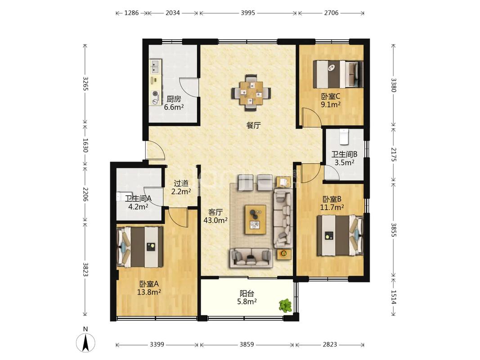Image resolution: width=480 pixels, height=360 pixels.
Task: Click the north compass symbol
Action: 85,340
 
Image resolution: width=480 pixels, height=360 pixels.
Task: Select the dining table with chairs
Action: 251,92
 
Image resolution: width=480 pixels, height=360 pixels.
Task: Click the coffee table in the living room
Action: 256,220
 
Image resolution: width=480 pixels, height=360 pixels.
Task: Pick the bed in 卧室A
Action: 139,247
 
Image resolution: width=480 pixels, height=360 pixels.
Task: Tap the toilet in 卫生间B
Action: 345,136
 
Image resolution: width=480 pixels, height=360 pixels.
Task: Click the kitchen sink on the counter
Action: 155,67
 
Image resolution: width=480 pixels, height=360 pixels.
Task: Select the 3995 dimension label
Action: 248,13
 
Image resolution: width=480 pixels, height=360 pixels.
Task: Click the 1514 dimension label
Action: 393,297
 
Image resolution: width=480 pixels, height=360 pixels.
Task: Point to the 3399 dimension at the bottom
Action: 157,345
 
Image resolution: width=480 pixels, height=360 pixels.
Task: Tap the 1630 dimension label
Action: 85,145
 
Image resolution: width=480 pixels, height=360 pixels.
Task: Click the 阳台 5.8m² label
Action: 247,297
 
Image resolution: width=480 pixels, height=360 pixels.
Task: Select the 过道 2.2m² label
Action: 181,187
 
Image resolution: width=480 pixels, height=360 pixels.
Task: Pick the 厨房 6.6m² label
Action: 174,103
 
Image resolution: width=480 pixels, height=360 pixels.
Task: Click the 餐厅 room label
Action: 253,125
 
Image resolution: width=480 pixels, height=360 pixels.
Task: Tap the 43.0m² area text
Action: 215,220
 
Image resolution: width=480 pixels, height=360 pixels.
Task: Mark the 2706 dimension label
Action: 331,13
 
